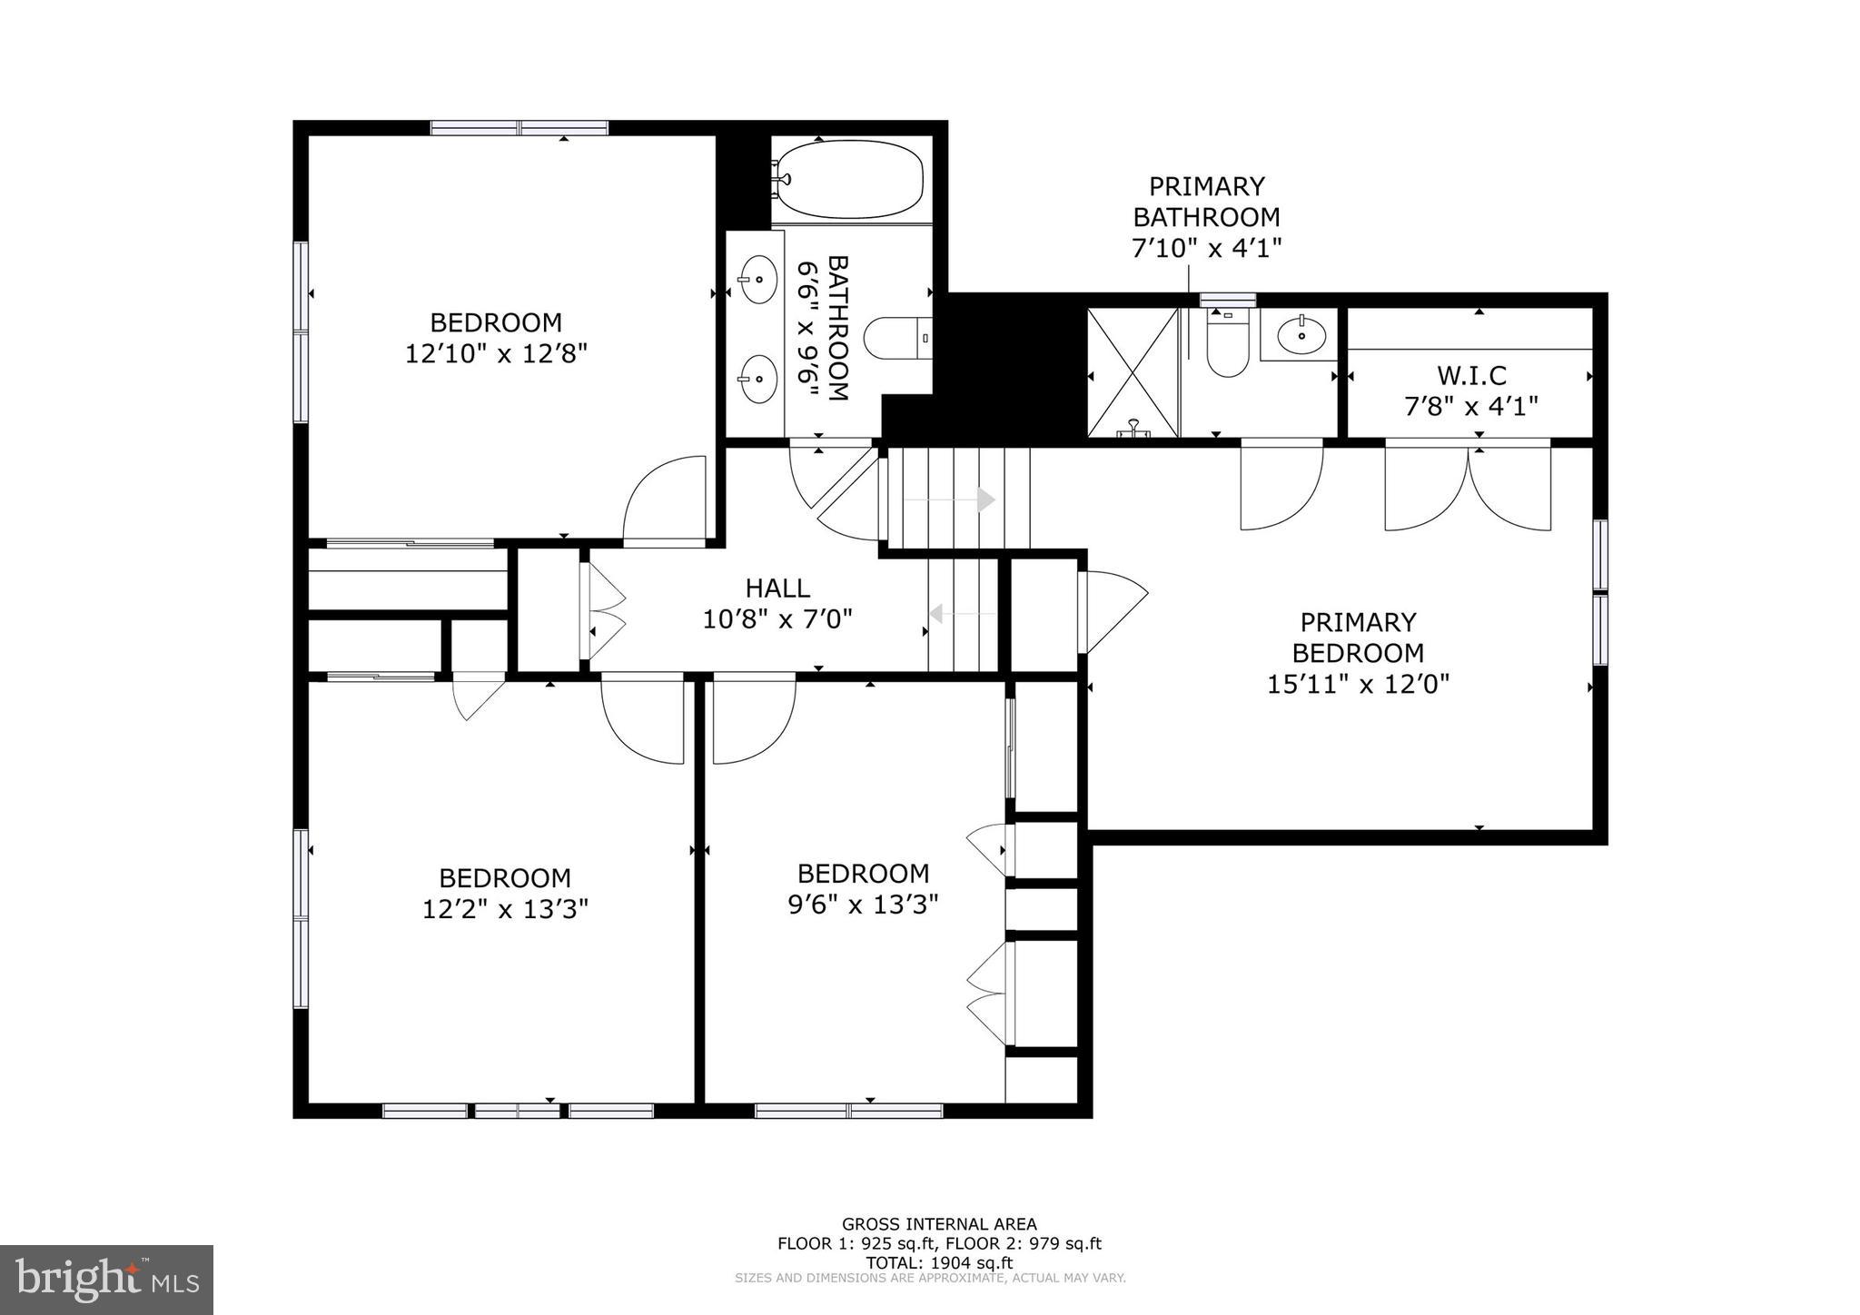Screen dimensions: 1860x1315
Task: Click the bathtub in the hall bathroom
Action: pos(850,179)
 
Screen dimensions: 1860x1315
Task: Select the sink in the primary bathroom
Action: pos(1301,335)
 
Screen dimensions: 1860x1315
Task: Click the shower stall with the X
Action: pos(1133,373)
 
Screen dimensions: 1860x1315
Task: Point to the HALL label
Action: pos(777,588)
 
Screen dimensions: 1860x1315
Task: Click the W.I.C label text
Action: pos(1471,375)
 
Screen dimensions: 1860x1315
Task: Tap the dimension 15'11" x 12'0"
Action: pos(1358,684)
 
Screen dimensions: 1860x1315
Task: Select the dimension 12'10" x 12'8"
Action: pos(496,353)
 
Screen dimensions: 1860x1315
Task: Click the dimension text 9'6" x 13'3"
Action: pos(863,905)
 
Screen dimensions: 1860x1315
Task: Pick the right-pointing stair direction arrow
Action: pos(950,499)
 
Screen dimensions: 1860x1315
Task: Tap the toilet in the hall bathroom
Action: pos(897,338)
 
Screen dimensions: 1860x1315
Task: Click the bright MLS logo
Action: pos(107,1280)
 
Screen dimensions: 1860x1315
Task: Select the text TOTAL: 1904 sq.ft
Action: pos(939,1262)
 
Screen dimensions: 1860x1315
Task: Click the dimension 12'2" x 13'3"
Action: pos(505,909)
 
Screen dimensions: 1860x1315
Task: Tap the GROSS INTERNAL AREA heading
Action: pos(939,1224)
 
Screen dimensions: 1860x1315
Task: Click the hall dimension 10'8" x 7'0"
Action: pos(777,619)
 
